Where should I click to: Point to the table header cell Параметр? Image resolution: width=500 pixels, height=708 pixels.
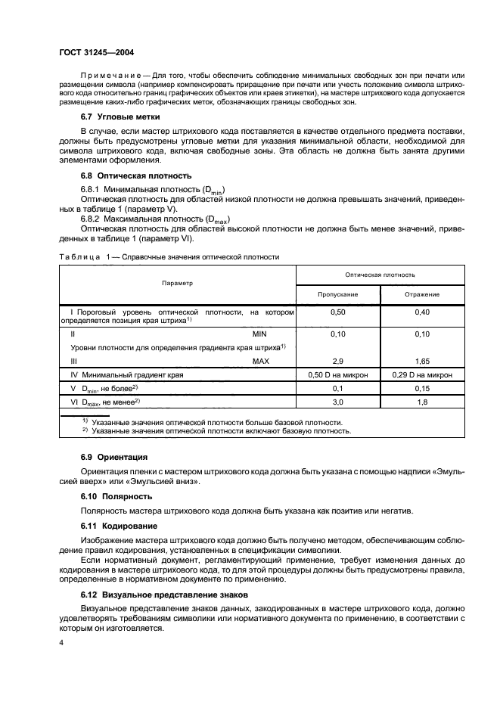coord(178,283)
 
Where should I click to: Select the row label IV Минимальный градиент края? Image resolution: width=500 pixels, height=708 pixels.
coord(126,374)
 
